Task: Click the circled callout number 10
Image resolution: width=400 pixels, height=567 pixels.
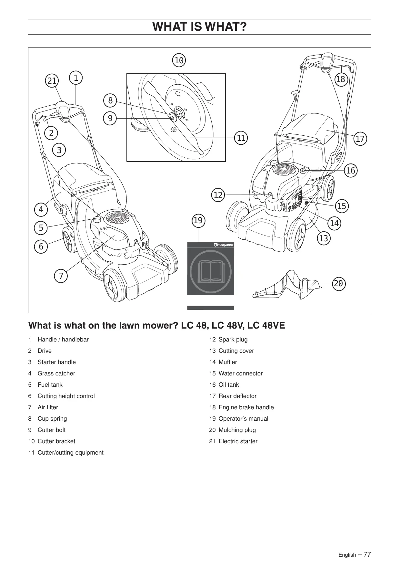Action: [x=179, y=60]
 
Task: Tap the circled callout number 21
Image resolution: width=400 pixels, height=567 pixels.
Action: [x=52, y=81]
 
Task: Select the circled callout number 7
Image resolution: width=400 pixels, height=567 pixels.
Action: [x=61, y=276]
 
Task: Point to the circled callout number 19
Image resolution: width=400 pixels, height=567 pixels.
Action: [x=198, y=221]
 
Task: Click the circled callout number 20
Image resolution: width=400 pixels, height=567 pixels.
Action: [x=338, y=284]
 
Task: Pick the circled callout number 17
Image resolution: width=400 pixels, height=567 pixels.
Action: [x=360, y=139]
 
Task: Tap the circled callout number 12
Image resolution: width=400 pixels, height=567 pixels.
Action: [x=218, y=195]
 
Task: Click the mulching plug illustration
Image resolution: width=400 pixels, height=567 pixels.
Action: [x=286, y=285]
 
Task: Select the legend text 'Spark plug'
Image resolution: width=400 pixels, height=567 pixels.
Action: [x=233, y=340]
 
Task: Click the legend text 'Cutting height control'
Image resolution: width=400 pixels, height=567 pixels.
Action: [x=66, y=396]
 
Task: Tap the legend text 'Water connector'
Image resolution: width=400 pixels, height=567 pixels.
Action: [x=241, y=373]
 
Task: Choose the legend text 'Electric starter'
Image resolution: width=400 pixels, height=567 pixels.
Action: [x=238, y=441]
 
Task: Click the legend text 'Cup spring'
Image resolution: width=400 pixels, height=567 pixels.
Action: [x=52, y=419]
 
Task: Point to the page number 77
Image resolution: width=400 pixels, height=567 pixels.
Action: [x=367, y=554]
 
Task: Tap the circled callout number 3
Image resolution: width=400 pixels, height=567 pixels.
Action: [x=59, y=150]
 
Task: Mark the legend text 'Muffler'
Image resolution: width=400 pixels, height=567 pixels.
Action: [x=228, y=362]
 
